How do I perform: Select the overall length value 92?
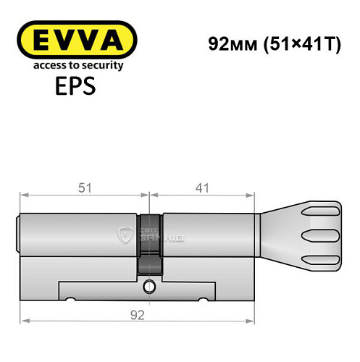138,314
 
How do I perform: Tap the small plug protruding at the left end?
18,233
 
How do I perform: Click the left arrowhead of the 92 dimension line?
23,320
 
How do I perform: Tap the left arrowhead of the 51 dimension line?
23,194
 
